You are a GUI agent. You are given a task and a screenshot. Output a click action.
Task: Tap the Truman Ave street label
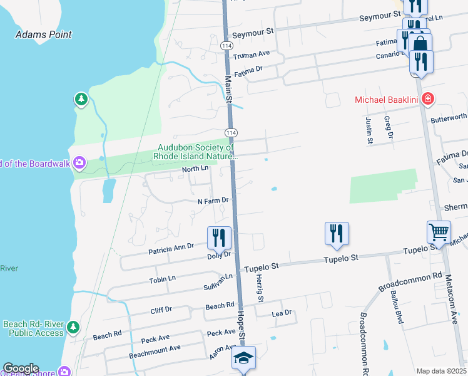point(251,55)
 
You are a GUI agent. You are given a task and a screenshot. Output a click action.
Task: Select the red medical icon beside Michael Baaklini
point(428,98)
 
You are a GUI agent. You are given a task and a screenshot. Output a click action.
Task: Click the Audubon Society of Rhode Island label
point(196,152)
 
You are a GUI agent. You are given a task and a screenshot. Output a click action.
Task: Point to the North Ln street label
point(195,169)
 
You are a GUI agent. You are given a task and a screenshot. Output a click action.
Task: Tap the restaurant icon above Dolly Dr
point(220,237)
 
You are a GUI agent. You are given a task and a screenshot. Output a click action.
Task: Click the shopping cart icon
point(439,232)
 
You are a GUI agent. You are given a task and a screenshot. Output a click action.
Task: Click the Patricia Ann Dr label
point(171,249)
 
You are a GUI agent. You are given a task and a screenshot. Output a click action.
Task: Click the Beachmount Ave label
point(155,347)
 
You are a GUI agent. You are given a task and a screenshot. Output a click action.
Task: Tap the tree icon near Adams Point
point(81,98)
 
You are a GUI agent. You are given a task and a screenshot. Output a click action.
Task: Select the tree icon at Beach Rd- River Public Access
point(73,327)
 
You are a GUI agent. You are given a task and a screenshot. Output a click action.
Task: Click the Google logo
point(21,368)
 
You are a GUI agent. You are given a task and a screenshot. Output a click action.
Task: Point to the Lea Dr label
point(282,312)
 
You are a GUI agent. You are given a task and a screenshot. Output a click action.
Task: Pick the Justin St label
point(369,129)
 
